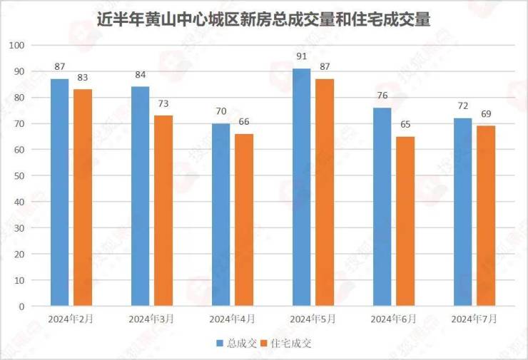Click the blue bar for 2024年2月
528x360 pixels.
[x=60, y=192]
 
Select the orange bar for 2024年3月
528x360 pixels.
[x=163, y=211]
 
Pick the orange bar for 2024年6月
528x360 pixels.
[x=405, y=221]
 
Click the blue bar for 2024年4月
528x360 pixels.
[x=221, y=215]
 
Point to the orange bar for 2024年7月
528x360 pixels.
[x=486, y=216]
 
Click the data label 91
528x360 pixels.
[x=302, y=58]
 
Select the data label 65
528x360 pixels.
[x=405, y=125]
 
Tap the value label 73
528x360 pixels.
[x=163, y=105]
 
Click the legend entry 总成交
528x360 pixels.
[x=237, y=343]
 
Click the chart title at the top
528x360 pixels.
[x=263, y=19]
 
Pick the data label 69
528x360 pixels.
[x=486, y=115]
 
